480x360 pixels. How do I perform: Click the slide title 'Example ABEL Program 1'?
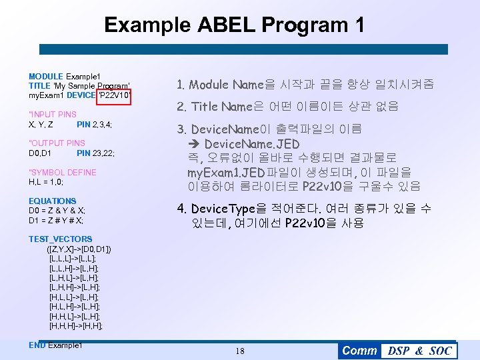(235, 25)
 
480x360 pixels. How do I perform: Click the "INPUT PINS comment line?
(53, 115)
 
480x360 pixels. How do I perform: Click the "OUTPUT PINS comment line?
(57, 143)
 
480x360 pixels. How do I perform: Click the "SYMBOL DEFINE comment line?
(62, 173)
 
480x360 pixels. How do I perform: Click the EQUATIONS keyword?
(53, 201)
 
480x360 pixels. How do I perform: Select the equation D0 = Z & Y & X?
(57, 211)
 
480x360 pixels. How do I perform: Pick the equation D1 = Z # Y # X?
(56, 220)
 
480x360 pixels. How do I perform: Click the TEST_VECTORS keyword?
(61, 239)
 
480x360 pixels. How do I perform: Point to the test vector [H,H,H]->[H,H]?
(76, 326)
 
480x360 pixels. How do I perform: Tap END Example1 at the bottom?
(55, 345)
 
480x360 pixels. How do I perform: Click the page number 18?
(240, 351)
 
